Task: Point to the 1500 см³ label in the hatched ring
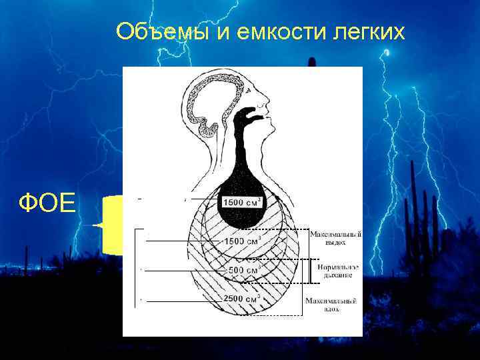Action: [x=243, y=240]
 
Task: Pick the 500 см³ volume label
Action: [x=245, y=270]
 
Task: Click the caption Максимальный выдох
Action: [x=335, y=238]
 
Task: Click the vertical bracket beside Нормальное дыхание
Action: [x=309, y=270]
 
